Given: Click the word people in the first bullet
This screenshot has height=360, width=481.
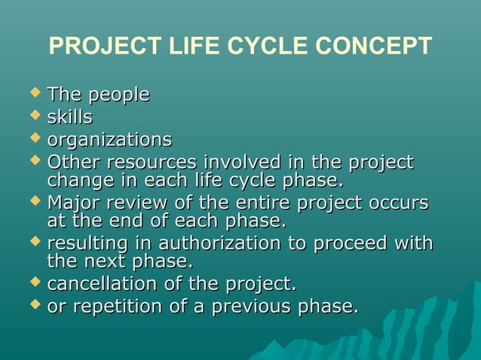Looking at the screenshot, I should point(119,96).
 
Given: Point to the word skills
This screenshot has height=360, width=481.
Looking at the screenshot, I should point(70,117).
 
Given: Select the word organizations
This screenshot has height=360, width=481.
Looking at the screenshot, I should point(109,141).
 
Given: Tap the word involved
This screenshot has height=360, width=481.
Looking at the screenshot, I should point(237,163).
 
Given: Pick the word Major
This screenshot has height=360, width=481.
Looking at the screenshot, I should point(72,204).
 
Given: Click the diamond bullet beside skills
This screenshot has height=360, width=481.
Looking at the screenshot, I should point(34,116).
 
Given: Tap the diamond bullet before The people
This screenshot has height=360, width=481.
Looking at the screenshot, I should point(34,93).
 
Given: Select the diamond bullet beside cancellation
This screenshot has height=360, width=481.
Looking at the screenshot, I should point(34,283).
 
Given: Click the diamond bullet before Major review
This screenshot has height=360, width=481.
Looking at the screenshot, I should point(34,202).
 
